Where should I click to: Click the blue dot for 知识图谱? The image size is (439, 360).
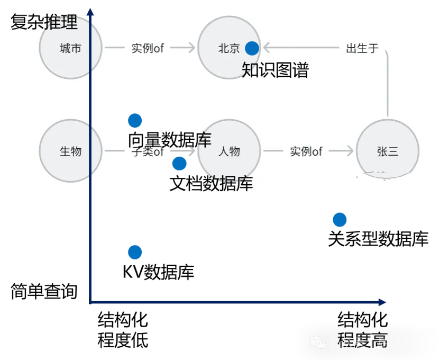click(x=252, y=48)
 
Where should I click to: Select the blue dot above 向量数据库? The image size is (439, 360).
click(x=135, y=121)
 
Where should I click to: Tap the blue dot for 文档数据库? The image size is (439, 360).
click(x=179, y=164)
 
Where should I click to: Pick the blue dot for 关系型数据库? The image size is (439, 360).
click(x=340, y=219)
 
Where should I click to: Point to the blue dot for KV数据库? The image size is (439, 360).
click(x=135, y=253)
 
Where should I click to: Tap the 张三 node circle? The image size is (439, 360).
click(x=388, y=151)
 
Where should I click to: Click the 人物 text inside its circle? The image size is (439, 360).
click(x=229, y=152)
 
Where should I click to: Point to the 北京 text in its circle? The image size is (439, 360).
click(x=229, y=49)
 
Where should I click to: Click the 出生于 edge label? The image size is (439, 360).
click(x=362, y=49)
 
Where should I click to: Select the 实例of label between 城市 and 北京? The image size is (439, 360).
click(x=148, y=49)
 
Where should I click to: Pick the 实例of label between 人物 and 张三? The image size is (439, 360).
click(x=306, y=152)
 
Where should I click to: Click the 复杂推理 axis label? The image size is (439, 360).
click(x=44, y=22)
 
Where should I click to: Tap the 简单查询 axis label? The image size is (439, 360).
click(x=44, y=291)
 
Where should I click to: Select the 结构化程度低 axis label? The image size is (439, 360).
click(x=123, y=330)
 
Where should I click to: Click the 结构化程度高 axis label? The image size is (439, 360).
click(x=363, y=330)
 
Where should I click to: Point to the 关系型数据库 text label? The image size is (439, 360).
click(x=378, y=239)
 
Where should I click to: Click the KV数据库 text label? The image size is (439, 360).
click(x=159, y=272)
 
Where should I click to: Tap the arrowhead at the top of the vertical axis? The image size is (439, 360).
click(x=91, y=12)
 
